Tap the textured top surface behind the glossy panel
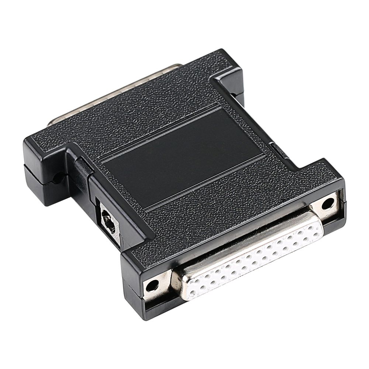pos(148,100)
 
